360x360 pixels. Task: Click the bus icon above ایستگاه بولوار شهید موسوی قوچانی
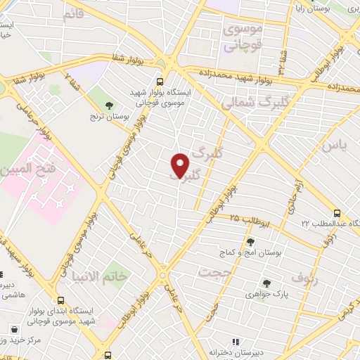point(160,81)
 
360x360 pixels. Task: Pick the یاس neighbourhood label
point(335,146)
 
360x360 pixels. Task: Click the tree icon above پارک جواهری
point(266,283)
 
